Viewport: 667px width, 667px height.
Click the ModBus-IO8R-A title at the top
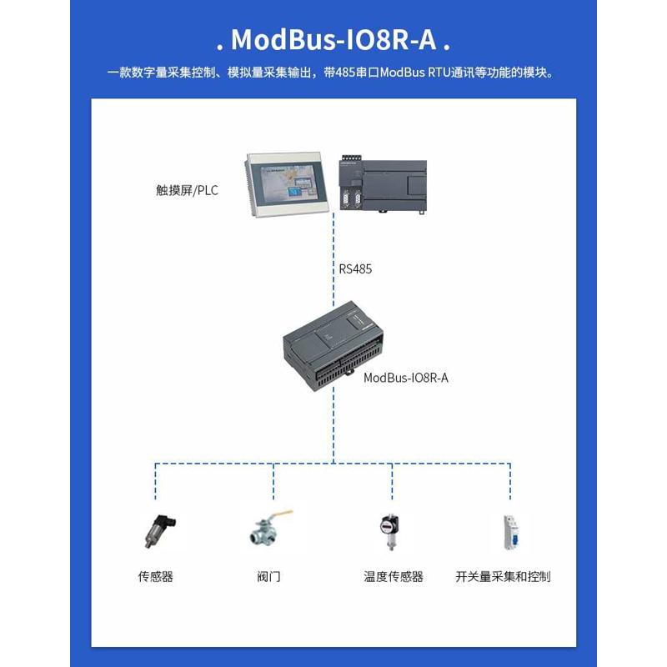click(333, 39)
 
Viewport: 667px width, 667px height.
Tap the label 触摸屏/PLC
click(187, 190)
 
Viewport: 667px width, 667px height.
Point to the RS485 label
click(355, 269)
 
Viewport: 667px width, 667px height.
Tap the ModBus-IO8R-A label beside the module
click(406, 378)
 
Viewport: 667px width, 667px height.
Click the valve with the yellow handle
click(272, 528)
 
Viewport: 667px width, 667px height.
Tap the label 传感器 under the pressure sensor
click(156, 576)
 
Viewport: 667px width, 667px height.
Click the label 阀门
click(269, 576)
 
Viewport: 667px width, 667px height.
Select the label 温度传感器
click(394, 576)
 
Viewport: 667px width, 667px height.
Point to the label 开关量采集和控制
click(503, 576)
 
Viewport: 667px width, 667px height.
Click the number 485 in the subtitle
click(346, 73)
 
